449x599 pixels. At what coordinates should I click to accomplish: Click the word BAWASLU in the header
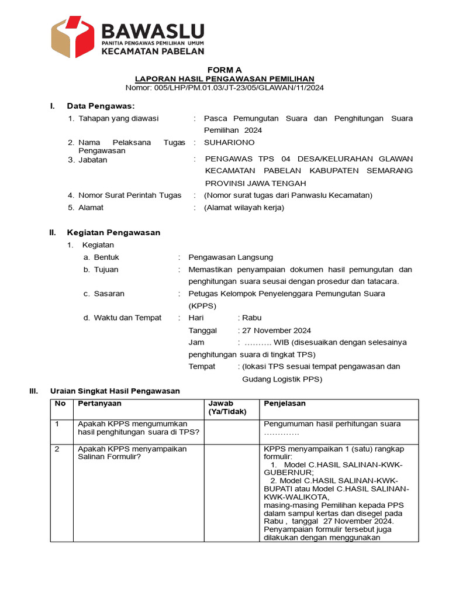coord(153,30)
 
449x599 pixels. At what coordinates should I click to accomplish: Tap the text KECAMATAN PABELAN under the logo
coord(153,51)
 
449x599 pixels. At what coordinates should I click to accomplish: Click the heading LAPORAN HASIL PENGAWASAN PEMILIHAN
coord(224,78)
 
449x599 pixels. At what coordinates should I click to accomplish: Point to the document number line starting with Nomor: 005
coord(224,88)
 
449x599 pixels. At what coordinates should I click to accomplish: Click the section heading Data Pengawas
coord(101,106)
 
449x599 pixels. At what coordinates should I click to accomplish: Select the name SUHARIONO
coord(229,142)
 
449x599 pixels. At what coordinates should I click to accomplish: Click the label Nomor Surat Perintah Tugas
coord(130,195)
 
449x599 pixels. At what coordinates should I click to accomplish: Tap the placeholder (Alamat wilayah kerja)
coord(244,208)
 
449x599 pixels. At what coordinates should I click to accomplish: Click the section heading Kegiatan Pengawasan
coord(113,232)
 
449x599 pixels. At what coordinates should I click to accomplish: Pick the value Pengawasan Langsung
coord(230,257)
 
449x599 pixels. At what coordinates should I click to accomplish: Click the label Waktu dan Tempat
coord(127,318)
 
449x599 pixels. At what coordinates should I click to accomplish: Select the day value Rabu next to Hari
coord(252,318)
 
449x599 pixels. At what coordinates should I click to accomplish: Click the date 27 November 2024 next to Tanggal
coord(277,330)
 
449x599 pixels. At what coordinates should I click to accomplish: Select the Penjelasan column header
coord(285,404)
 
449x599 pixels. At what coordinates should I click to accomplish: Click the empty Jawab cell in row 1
coord(231,432)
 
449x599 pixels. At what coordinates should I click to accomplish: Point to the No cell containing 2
coord(58,449)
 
